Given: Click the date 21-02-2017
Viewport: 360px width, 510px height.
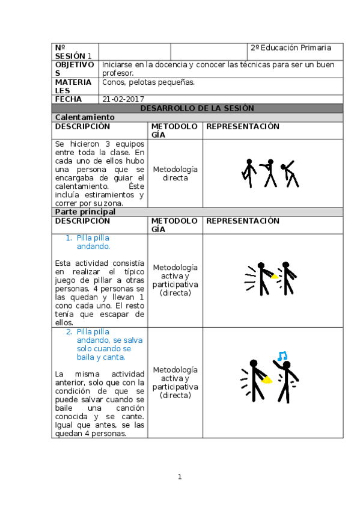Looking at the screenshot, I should pos(123,99).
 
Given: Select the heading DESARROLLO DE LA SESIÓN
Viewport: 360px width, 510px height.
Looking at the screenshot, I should pos(197,108).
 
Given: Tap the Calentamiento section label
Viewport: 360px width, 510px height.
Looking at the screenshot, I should pos(84,117).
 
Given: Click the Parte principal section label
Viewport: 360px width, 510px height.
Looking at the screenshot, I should pos(85,212).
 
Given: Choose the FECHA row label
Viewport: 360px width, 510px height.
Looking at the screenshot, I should pos(68,99).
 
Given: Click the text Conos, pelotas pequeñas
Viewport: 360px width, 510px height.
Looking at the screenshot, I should pos(148,82).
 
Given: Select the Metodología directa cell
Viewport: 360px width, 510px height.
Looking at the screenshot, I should pos(175,174).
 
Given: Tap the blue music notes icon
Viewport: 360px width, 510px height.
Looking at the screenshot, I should pos(281,355).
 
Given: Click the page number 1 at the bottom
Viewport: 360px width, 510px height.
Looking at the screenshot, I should pos(179,477).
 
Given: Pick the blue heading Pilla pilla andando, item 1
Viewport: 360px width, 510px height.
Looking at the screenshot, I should pos(93,242).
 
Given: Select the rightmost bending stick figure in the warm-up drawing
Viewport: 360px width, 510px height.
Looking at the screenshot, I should pos(290,173).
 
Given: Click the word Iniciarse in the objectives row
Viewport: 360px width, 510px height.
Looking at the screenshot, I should pos(115,65).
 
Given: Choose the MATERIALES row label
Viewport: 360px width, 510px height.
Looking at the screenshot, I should pos(73,86).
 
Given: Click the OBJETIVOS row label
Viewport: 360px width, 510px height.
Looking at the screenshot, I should pos(75,69).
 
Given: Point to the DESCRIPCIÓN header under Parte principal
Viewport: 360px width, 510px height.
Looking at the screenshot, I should pos(83,221).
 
